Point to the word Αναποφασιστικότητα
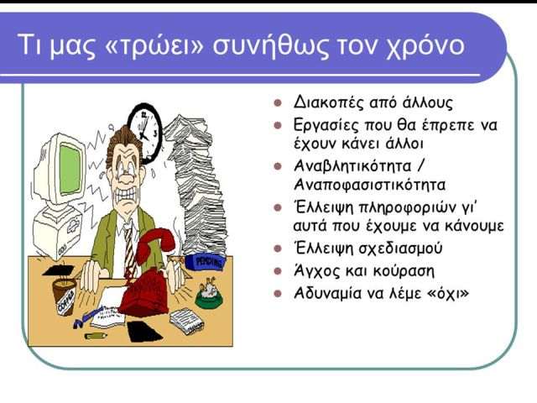click(x=370, y=185)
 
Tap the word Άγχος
click(x=317, y=271)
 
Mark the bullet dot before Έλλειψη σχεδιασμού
click(x=278, y=249)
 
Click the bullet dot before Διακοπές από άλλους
click(x=278, y=102)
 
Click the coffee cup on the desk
click(x=65, y=296)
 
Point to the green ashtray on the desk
click(x=209, y=295)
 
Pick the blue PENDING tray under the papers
click(x=205, y=262)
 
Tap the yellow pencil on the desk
click(x=96, y=336)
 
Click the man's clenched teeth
click(x=125, y=196)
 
